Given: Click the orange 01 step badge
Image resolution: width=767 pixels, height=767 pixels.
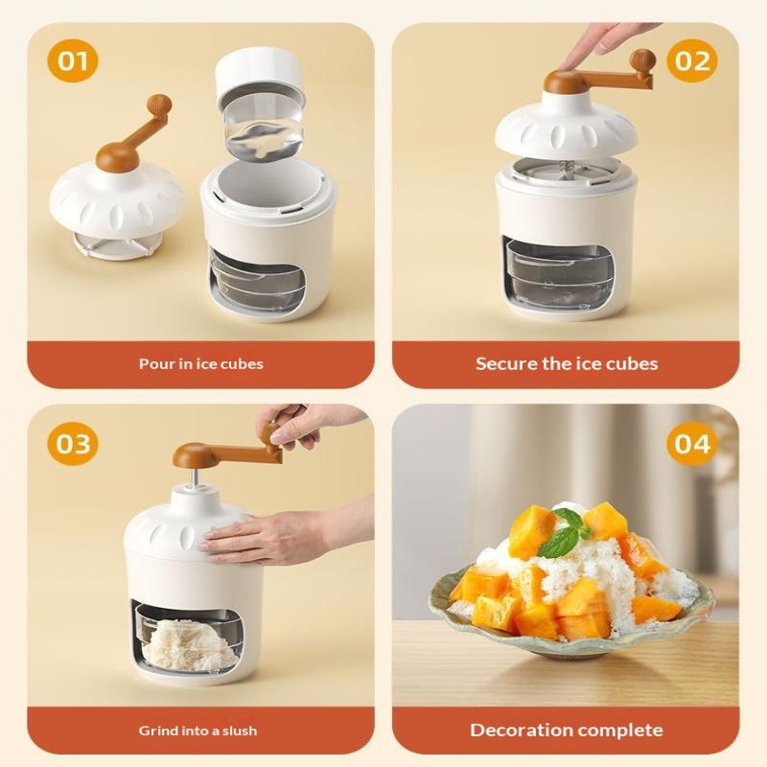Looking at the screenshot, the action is coord(73,60).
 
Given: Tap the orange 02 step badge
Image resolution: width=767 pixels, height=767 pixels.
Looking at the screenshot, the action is coord(691,60).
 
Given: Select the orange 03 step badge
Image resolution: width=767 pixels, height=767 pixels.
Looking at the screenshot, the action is coord(73,444).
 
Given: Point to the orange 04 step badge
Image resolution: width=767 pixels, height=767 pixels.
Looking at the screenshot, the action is coord(691,444).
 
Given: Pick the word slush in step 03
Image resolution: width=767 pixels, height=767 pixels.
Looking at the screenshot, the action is coord(239,731).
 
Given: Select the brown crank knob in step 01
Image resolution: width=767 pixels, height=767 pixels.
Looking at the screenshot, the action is coord(160,105).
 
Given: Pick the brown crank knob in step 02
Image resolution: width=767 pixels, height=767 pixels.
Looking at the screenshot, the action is coord(641,60).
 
